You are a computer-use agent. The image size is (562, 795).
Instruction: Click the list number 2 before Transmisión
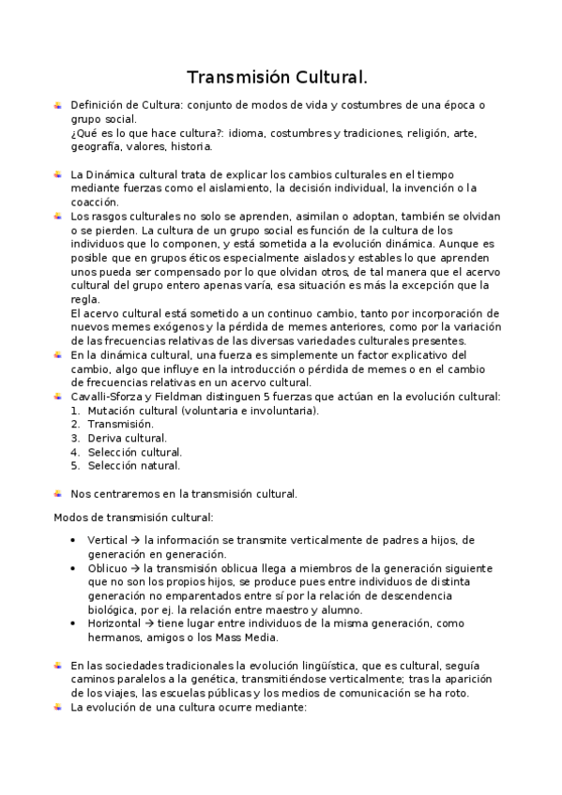75,424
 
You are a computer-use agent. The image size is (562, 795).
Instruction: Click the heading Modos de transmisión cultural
133,517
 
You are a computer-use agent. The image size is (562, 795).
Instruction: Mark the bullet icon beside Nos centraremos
58,493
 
